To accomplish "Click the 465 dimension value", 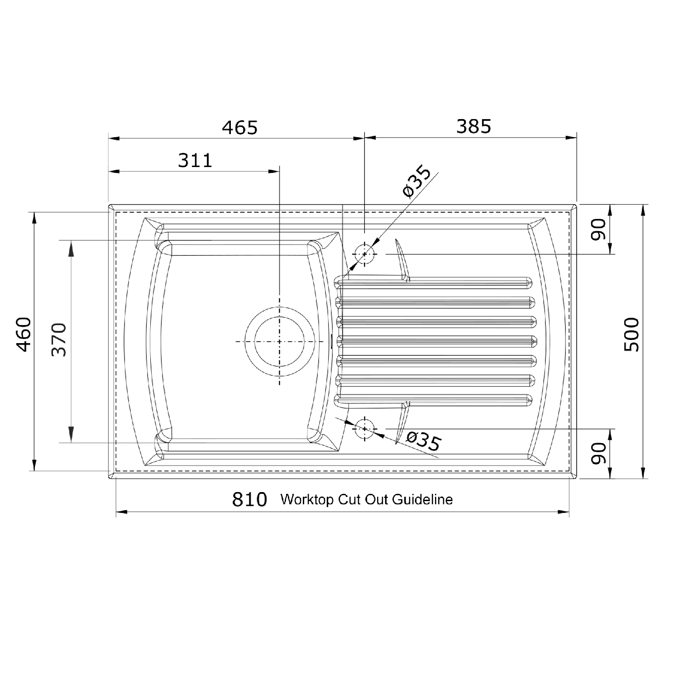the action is pos(239,128).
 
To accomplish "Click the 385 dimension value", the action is pos(473,127).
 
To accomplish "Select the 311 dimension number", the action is pos(195,161).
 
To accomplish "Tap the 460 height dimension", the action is pos(24,335).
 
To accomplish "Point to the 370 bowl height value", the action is pos(59,339).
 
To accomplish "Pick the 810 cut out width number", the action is pos(249,499).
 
